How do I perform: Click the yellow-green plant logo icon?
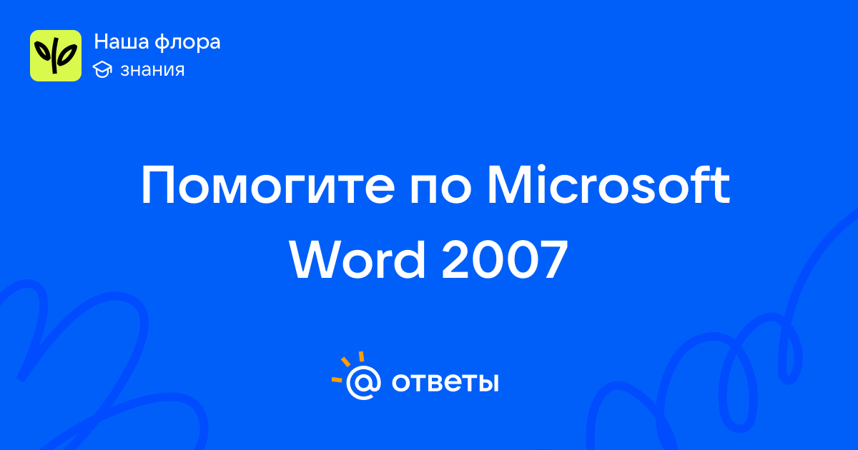(x=56, y=56)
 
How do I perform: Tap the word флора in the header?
(x=187, y=43)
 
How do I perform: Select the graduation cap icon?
(x=102, y=69)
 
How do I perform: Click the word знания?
(x=152, y=70)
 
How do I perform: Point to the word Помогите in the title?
(x=268, y=186)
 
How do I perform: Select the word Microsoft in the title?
(x=608, y=185)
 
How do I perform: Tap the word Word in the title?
(x=357, y=259)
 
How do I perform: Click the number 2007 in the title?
(x=505, y=260)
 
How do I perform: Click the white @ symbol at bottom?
(x=363, y=382)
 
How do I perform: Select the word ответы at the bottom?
(x=445, y=382)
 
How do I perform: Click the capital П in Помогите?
(x=158, y=186)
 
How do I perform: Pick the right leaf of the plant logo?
(x=68, y=54)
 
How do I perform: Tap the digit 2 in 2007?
(x=457, y=260)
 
